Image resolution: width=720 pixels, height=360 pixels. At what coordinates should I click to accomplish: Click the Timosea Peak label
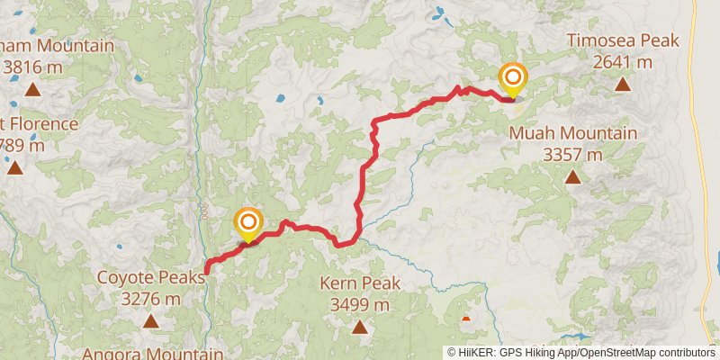pyautogui.click(x=622, y=41)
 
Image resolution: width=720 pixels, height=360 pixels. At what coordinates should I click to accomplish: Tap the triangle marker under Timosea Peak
pyautogui.click(x=622, y=85)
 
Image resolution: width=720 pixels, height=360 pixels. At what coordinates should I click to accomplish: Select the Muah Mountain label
pyautogui.click(x=573, y=133)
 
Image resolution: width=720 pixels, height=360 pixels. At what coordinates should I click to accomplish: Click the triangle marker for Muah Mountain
pyautogui.click(x=572, y=176)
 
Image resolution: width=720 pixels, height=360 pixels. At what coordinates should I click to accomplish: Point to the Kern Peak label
pyautogui.click(x=360, y=283)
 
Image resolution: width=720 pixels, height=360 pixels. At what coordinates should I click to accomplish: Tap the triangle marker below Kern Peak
pyautogui.click(x=360, y=327)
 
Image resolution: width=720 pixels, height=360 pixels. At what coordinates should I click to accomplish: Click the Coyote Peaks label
pyautogui.click(x=150, y=277)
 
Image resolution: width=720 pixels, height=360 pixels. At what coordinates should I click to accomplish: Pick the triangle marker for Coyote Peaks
pyautogui.click(x=150, y=320)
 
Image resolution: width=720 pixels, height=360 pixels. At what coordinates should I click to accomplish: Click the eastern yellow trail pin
pyautogui.click(x=513, y=77)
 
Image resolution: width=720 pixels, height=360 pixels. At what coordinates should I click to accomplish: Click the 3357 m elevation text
pyautogui.click(x=573, y=154)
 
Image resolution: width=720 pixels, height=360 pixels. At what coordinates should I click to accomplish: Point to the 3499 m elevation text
pyautogui.click(x=360, y=305)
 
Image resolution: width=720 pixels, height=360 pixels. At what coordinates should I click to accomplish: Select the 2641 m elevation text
pyautogui.click(x=622, y=62)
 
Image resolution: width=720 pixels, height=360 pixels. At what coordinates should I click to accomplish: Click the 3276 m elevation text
pyautogui.click(x=150, y=299)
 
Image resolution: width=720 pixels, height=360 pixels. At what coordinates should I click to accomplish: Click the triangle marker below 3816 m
pyautogui.click(x=32, y=88)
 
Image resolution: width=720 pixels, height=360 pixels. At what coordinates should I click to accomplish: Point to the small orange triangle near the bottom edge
pyautogui.click(x=465, y=317)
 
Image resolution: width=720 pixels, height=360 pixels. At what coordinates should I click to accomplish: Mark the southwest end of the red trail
pyautogui.click(x=207, y=270)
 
